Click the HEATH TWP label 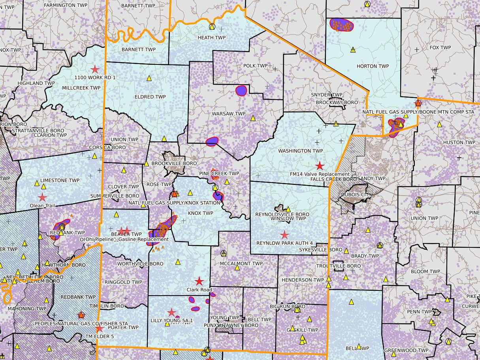pyautogui.click(x=211, y=38)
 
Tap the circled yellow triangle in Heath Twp pyautogui.click(x=212, y=27)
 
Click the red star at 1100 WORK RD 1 pyautogui.click(x=95, y=70)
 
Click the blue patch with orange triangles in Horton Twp pyautogui.click(x=341, y=25)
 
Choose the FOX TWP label pyautogui.click(x=440, y=47)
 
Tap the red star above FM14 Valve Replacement pyautogui.click(x=319, y=166)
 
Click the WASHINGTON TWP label pyautogui.click(x=300, y=151)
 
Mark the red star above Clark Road pyautogui.click(x=200, y=281)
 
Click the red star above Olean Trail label pyautogui.click(x=42, y=197)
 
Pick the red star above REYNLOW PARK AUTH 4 pyautogui.click(x=284, y=235)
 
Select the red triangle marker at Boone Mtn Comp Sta pyautogui.click(x=418, y=103)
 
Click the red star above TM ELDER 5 pyautogui.click(x=100, y=328)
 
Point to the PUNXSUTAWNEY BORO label pyautogui.click(x=225, y=325)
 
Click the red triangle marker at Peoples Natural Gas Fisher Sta pyautogui.click(x=81, y=315)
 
